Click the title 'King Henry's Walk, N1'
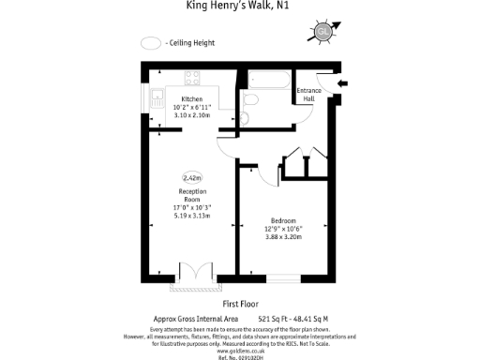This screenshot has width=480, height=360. click(240, 7)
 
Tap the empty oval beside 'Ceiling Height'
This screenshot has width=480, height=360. click(150, 43)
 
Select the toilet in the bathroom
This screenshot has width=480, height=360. click(250, 100)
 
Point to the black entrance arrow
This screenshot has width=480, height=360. click(342, 84)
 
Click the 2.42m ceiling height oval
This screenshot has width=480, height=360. click(192, 176)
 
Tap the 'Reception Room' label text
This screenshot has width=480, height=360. click(192, 195)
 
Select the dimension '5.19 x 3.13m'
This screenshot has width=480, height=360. click(192, 216)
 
